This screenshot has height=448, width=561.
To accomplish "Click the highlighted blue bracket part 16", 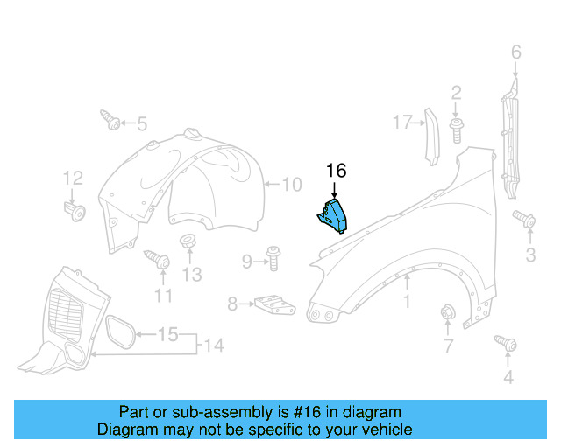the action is [x=334, y=215].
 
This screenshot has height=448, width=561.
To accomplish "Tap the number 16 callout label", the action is [x=337, y=171].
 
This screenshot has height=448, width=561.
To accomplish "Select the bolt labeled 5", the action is [x=111, y=121].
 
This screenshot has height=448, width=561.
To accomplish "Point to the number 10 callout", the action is [x=291, y=185].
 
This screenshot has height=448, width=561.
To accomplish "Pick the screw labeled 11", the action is [x=159, y=259].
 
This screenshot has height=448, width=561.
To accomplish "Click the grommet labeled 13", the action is [x=188, y=242].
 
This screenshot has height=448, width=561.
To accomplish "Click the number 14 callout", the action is [x=214, y=345].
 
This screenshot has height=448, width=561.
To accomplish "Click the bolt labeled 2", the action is [x=457, y=129].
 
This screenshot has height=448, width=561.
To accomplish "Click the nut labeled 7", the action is [x=447, y=312].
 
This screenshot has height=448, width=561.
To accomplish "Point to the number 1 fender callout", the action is [x=407, y=302].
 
